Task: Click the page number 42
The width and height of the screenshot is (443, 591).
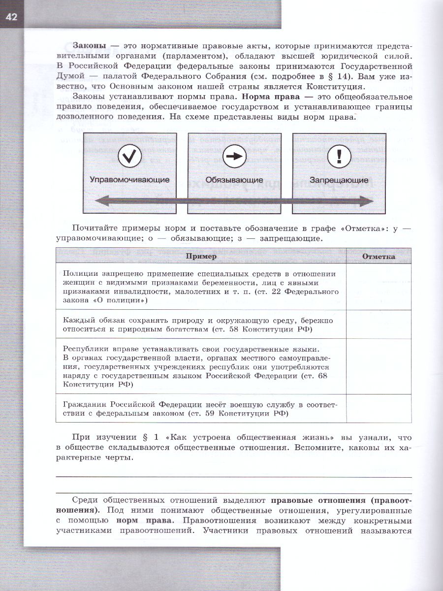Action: click(x=11, y=18)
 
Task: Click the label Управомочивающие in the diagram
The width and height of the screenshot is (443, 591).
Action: click(x=129, y=180)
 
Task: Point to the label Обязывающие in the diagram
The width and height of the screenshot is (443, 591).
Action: click(x=234, y=180)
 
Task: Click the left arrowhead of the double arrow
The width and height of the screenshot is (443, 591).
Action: click(x=100, y=200)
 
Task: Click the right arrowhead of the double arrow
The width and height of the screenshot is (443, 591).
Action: click(x=366, y=200)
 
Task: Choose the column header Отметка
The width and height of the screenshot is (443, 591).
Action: click(x=379, y=257)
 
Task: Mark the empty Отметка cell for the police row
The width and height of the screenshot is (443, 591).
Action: click(x=379, y=287)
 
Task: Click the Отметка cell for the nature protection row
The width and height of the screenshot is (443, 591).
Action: click(x=379, y=324)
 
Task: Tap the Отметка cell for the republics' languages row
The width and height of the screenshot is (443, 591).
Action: click(x=379, y=366)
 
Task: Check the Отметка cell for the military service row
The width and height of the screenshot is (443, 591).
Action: click(x=379, y=408)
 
